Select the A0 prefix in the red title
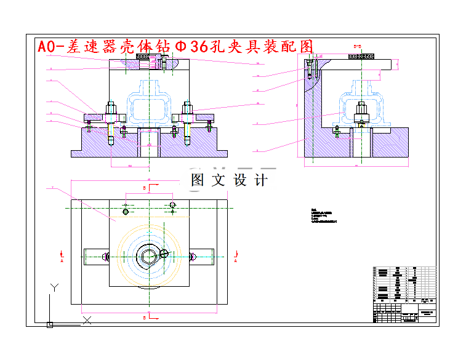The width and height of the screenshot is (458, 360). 50,47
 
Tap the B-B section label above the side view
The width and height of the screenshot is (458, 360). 356,46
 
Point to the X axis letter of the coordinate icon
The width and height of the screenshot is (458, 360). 87,319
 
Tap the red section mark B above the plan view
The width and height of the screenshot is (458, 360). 144,186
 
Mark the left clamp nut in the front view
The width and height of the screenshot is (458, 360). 111,115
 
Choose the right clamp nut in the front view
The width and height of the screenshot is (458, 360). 187,115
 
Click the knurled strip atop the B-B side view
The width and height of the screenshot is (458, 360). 363,56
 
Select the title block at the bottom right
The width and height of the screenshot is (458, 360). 404,294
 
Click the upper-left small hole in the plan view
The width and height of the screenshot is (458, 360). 126,212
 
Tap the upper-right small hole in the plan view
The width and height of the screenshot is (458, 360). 173,204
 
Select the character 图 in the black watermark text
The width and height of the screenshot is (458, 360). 198,180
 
